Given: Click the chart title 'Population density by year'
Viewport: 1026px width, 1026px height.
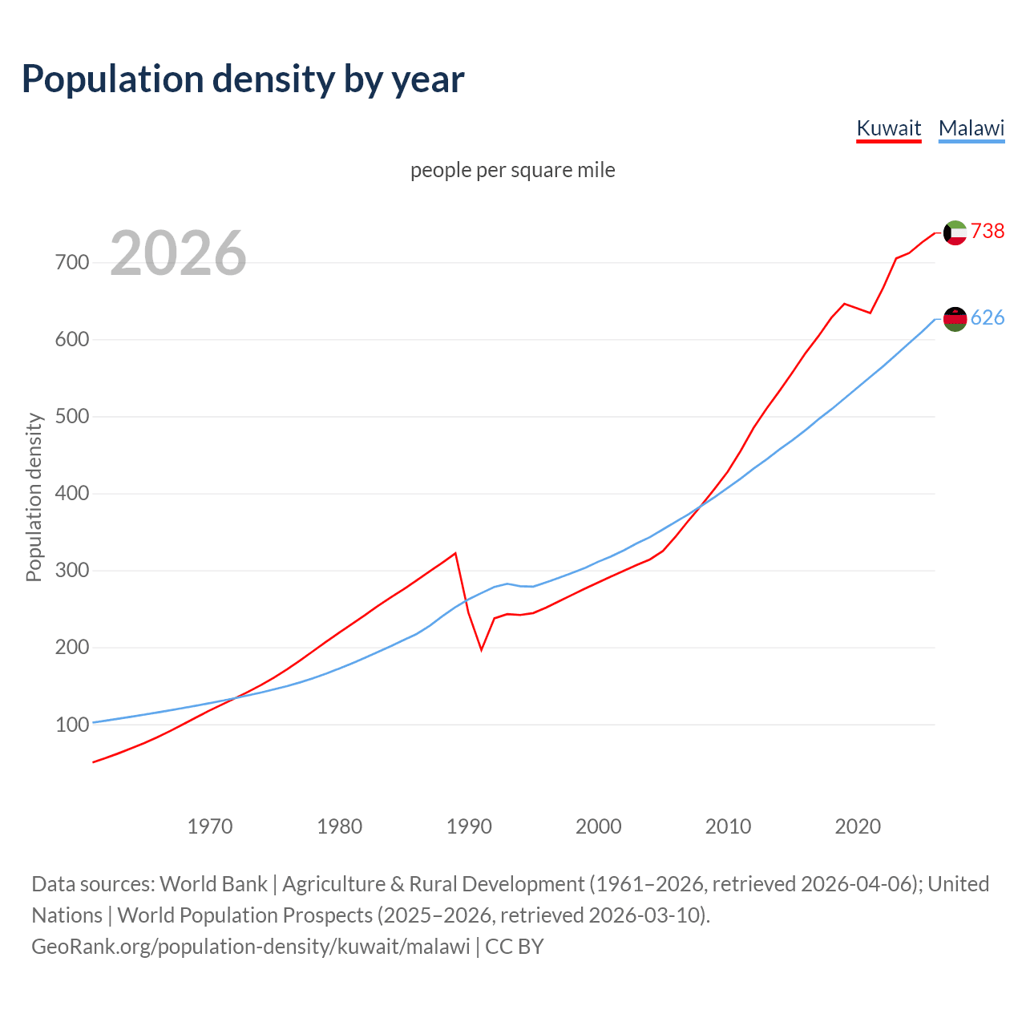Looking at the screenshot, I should pyautogui.click(x=243, y=79).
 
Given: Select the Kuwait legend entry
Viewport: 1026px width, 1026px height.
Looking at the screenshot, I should pyautogui.click(x=888, y=128).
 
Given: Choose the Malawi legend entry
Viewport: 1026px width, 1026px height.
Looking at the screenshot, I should pyautogui.click(x=971, y=128).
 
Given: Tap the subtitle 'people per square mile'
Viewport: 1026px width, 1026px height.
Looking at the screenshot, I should pyautogui.click(x=512, y=170).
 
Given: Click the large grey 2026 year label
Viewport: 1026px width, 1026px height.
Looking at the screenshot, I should pyautogui.click(x=178, y=253).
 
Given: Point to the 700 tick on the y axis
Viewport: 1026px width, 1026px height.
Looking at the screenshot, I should pyautogui.click(x=71, y=263).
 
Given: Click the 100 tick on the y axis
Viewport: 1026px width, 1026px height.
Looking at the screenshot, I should pyautogui.click(x=71, y=725).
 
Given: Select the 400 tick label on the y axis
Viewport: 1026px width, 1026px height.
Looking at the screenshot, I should pyautogui.click(x=71, y=494).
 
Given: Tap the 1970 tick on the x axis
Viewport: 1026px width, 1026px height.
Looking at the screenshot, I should pyautogui.click(x=210, y=826).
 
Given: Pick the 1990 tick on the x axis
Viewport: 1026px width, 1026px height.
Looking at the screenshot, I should pyautogui.click(x=469, y=826).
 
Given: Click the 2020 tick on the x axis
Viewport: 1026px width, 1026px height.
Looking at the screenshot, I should pyautogui.click(x=858, y=826).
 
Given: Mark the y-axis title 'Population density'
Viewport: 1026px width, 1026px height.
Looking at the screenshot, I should pyautogui.click(x=34, y=497).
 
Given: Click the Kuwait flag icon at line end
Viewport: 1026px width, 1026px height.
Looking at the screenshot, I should pyautogui.click(x=955, y=232).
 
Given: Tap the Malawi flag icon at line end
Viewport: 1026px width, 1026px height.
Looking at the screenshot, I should pyautogui.click(x=955, y=319).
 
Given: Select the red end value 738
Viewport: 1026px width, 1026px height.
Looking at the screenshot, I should pyautogui.click(x=988, y=231).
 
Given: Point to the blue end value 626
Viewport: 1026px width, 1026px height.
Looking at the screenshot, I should pyautogui.click(x=988, y=318).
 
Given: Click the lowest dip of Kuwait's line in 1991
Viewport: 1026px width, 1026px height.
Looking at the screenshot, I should pyautogui.click(x=481, y=649).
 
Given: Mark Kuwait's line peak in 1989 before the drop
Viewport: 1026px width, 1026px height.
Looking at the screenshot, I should pyautogui.click(x=455, y=553).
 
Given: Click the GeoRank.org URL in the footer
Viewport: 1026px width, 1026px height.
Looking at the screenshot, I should pyautogui.click(x=251, y=947).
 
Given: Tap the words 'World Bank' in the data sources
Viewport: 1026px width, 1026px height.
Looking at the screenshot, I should pyautogui.click(x=213, y=884).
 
